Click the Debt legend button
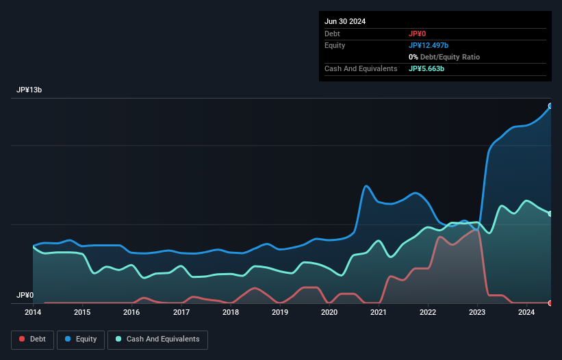(x=32, y=339)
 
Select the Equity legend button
(x=80, y=339)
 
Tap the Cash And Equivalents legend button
(x=157, y=339)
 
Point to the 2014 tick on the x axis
(x=33, y=313)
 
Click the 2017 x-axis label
(x=181, y=313)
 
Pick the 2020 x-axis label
(x=329, y=313)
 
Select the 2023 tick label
(x=477, y=313)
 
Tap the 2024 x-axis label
(x=526, y=313)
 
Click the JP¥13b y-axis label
(x=31, y=90)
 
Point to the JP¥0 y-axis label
(x=25, y=296)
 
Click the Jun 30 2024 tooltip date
(x=345, y=21)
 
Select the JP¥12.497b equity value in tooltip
(x=429, y=45)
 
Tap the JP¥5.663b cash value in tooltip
(x=426, y=68)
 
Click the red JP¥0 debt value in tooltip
(x=418, y=34)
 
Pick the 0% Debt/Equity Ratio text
(x=444, y=57)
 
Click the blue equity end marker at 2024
(x=550, y=106)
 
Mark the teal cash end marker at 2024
(x=550, y=214)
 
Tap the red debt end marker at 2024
(x=550, y=303)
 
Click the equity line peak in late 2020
(x=366, y=186)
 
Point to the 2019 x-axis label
(x=280, y=313)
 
